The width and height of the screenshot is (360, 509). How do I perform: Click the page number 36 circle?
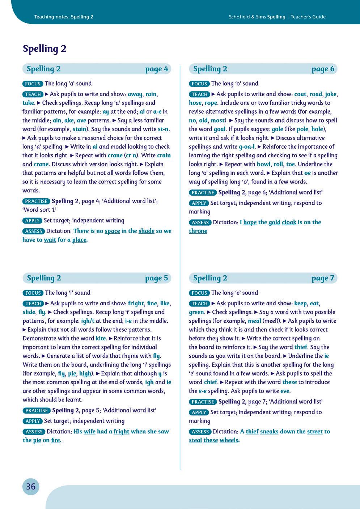(x=31, y=487)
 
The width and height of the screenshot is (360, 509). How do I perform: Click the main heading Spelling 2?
(x=45, y=49)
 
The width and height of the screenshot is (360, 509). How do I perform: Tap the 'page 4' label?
(x=157, y=69)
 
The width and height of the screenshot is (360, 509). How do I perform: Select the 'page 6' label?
(x=323, y=69)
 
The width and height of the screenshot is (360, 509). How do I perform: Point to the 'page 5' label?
(x=157, y=278)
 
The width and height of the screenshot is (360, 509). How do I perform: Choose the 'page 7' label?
(x=323, y=278)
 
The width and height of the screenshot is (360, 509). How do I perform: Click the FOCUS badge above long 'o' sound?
(x=199, y=84)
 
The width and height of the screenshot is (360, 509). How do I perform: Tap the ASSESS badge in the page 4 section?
(x=33, y=231)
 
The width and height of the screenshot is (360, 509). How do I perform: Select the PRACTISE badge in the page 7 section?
(x=203, y=402)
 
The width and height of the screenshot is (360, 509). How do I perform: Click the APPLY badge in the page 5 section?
(x=33, y=421)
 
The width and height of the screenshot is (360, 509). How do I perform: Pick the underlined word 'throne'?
(x=198, y=231)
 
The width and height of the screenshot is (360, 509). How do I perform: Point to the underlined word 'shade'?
(x=146, y=231)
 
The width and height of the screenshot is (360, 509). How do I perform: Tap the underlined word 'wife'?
(x=89, y=431)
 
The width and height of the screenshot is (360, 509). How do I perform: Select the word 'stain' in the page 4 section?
(x=80, y=129)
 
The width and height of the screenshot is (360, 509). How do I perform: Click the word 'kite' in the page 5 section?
(x=101, y=338)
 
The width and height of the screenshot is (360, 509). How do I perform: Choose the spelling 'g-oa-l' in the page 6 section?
(x=247, y=147)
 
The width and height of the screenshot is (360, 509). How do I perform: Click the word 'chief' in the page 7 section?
(x=211, y=382)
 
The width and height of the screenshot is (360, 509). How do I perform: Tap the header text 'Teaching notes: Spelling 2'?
(x=64, y=17)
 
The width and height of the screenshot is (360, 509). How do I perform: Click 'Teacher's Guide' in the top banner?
(x=308, y=17)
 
